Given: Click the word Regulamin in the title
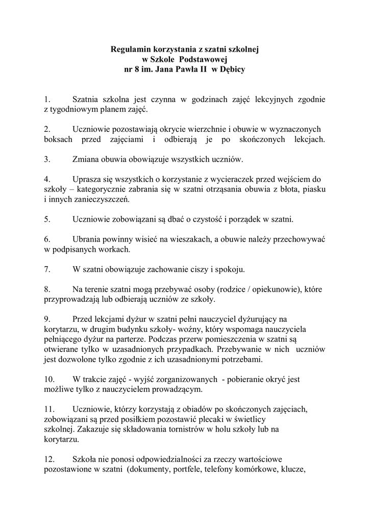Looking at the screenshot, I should pos(130,50).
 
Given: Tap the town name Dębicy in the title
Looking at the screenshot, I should pos(232,69).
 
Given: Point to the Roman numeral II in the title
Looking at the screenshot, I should pos(203,69).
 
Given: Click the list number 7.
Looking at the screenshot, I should pos(46,269).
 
